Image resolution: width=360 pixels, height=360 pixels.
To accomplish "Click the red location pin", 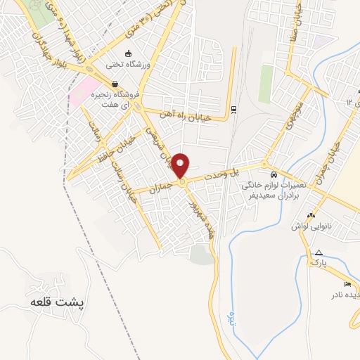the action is [x=181, y=165].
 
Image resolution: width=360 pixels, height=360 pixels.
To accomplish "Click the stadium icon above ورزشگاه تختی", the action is [x=127, y=54].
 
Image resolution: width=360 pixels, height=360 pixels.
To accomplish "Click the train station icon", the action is [x=233, y=109].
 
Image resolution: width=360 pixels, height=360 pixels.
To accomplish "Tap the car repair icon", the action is [x=274, y=175].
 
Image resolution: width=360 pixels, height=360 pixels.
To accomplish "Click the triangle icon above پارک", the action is [x=319, y=252].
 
